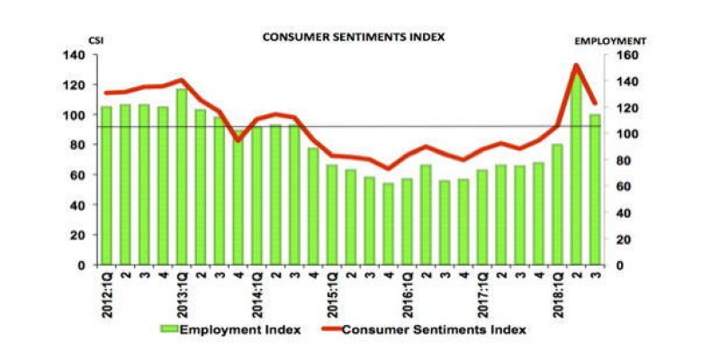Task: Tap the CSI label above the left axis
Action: pos(93,41)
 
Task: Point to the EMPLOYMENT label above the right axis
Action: pos(611,41)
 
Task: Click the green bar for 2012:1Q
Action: pos(107,185)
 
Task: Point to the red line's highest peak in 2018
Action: pos(574,65)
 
